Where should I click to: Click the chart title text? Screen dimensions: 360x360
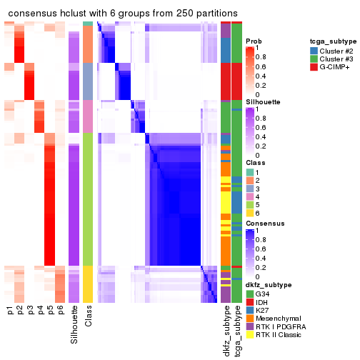(123, 14)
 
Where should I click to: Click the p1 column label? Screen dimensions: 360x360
(10, 311)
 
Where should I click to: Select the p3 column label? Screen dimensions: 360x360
(30, 311)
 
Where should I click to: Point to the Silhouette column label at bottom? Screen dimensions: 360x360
(74, 324)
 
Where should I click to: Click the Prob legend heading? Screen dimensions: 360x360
(253, 41)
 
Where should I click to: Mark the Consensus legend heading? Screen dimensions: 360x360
(262, 223)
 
